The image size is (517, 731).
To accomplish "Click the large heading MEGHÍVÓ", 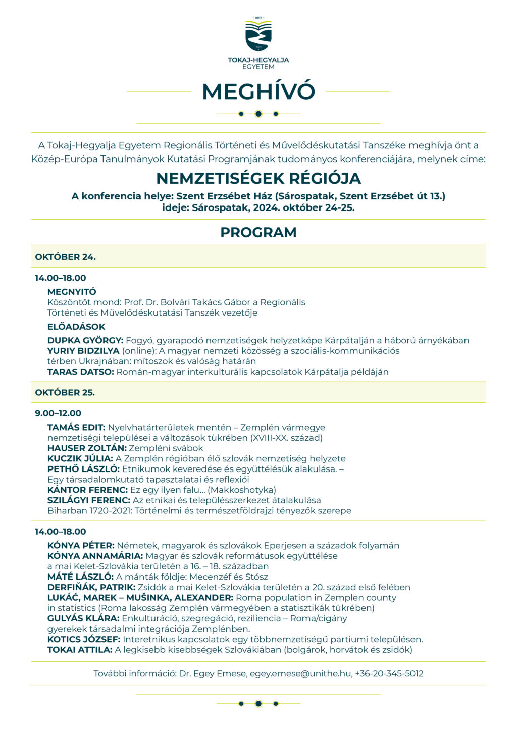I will (x=258, y=92).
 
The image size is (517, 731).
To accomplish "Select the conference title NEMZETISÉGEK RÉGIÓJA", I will (x=258, y=178).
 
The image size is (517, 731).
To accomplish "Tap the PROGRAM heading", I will (x=258, y=232).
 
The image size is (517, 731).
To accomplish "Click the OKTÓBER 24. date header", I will (x=66, y=257).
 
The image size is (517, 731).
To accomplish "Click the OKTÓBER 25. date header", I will (x=65, y=392).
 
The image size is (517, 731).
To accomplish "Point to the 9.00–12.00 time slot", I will (x=58, y=413).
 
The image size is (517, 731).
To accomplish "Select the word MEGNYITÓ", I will (x=72, y=292).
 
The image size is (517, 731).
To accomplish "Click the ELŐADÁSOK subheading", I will (x=76, y=327).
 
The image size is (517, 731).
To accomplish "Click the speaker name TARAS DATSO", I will (x=81, y=372).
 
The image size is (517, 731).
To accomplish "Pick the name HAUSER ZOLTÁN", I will (x=87, y=448).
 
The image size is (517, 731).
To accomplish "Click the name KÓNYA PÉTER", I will (x=81, y=545).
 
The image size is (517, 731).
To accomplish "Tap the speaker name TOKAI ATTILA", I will (x=80, y=650).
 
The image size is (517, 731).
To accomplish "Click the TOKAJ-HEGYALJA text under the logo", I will (x=258, y=60).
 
